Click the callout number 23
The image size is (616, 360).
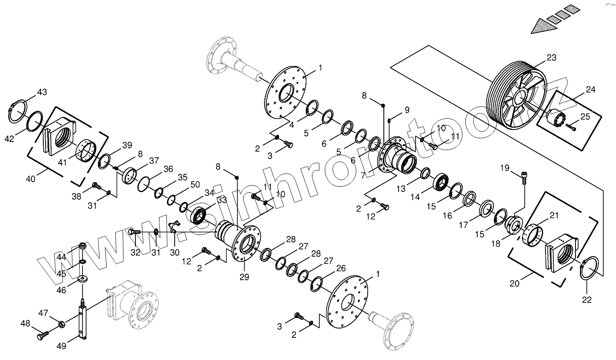[551, 58]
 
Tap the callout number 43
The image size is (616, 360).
[42, 92]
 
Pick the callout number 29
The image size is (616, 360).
[244, 277]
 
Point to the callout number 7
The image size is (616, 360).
[364, 175]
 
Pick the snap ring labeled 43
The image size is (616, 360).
[18, 112]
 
